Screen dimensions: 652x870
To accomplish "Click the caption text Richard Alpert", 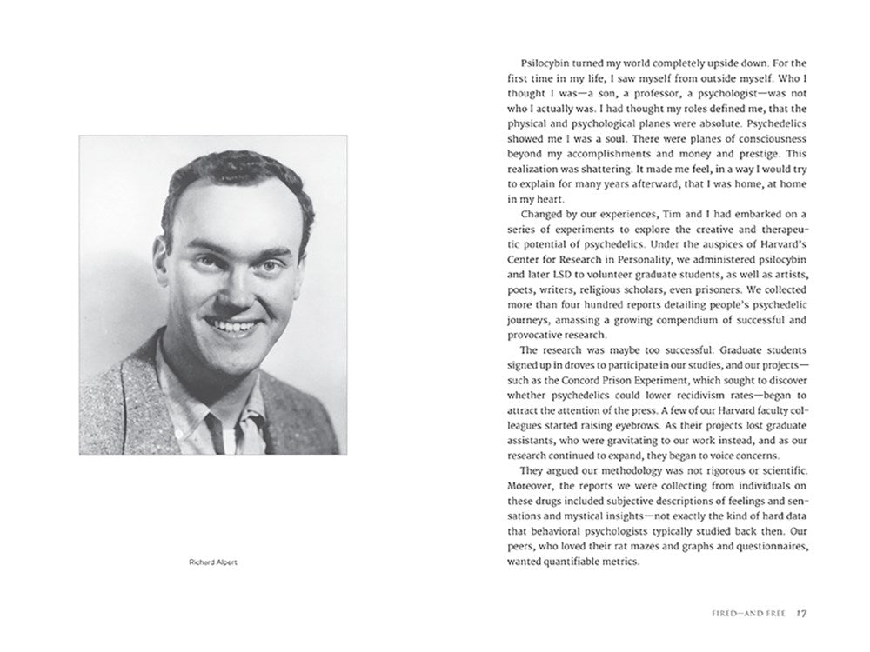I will (212, 562).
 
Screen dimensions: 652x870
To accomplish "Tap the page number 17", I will (803, 614).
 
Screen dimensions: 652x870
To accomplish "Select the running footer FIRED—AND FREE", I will (746, 614).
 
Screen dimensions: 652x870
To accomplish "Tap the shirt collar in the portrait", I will (217, 417).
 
